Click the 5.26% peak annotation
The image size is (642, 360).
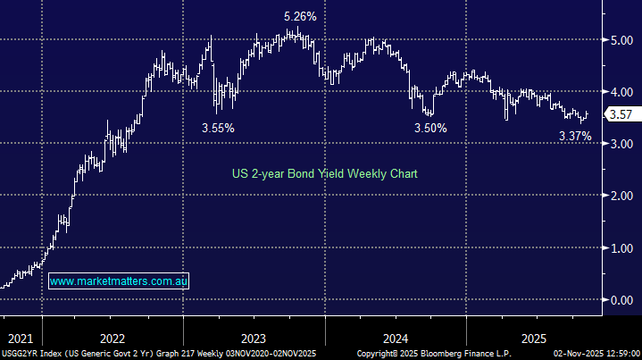300,16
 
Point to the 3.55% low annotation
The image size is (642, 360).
218,128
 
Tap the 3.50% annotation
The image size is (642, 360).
429,128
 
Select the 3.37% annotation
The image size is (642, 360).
575,136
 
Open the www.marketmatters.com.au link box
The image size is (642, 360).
118,280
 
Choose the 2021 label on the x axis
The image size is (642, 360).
20,339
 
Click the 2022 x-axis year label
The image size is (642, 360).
113,339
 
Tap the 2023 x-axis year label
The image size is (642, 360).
254,339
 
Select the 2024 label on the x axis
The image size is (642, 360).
395,339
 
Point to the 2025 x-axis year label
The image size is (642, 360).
535,339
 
